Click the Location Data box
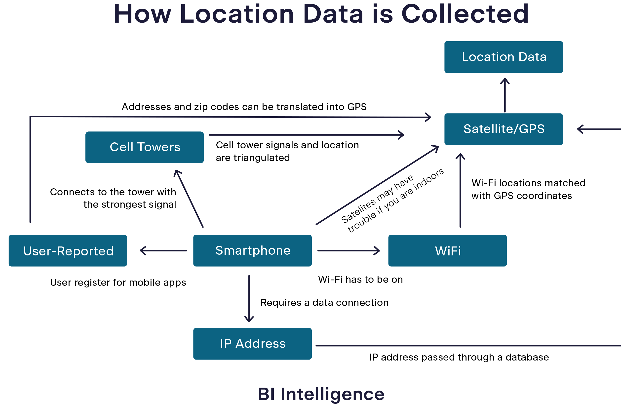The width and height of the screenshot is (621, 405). (503, 57)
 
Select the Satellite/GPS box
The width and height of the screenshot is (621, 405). (503, 129)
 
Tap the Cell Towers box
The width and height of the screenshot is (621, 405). (144, 147)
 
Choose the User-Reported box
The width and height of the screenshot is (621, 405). (68, 250)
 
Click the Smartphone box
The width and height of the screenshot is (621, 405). (252, 250)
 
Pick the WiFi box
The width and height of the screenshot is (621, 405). (447, 250)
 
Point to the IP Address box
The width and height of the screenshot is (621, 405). (252, 344)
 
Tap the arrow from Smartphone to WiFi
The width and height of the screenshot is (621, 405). (348, 250)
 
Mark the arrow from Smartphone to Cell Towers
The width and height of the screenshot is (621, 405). (189, 198)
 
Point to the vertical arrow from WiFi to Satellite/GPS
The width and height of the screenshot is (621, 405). (460, 191)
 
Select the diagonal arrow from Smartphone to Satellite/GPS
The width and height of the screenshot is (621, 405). (377, 185)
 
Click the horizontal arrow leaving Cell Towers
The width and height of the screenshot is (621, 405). (305, 135)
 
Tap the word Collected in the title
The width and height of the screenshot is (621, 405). (465, 14)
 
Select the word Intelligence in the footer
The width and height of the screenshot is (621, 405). (332, 394)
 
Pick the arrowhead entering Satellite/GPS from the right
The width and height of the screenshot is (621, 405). (581, 129)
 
